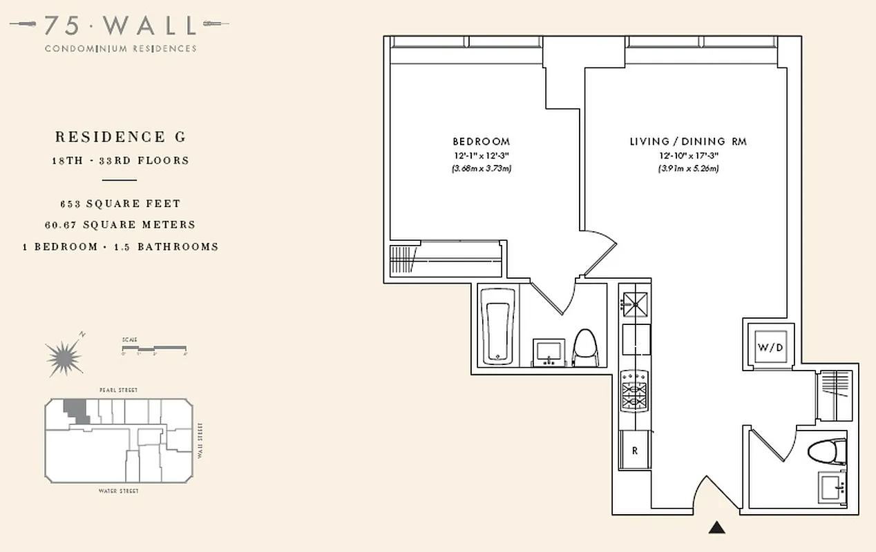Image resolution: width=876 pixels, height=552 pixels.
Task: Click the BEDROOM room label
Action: (481, 141)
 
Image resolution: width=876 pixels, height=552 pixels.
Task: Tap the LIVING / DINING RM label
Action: (687, 141)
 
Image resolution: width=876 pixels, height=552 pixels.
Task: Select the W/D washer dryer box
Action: (770, 347)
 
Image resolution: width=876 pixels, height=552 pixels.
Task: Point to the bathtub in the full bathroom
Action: (497, 325)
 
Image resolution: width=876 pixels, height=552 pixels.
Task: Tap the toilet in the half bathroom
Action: (827, 452)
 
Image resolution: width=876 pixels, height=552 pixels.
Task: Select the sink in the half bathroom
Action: (832, 489)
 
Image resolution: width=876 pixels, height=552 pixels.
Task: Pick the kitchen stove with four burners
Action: (634, 391)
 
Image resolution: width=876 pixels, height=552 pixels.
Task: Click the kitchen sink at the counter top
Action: (634, 301)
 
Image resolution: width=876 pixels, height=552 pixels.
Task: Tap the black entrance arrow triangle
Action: (718, 528)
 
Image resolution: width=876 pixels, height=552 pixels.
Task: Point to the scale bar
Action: (154, 348)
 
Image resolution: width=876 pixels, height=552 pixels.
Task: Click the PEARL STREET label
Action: (119, 391)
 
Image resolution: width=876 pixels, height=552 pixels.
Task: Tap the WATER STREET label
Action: (119, 491)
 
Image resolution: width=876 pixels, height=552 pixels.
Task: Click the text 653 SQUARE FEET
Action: (120, 204)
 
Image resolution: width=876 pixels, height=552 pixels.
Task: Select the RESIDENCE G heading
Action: (120, 137)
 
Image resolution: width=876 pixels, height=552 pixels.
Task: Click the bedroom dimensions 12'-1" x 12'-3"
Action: (481, 155)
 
